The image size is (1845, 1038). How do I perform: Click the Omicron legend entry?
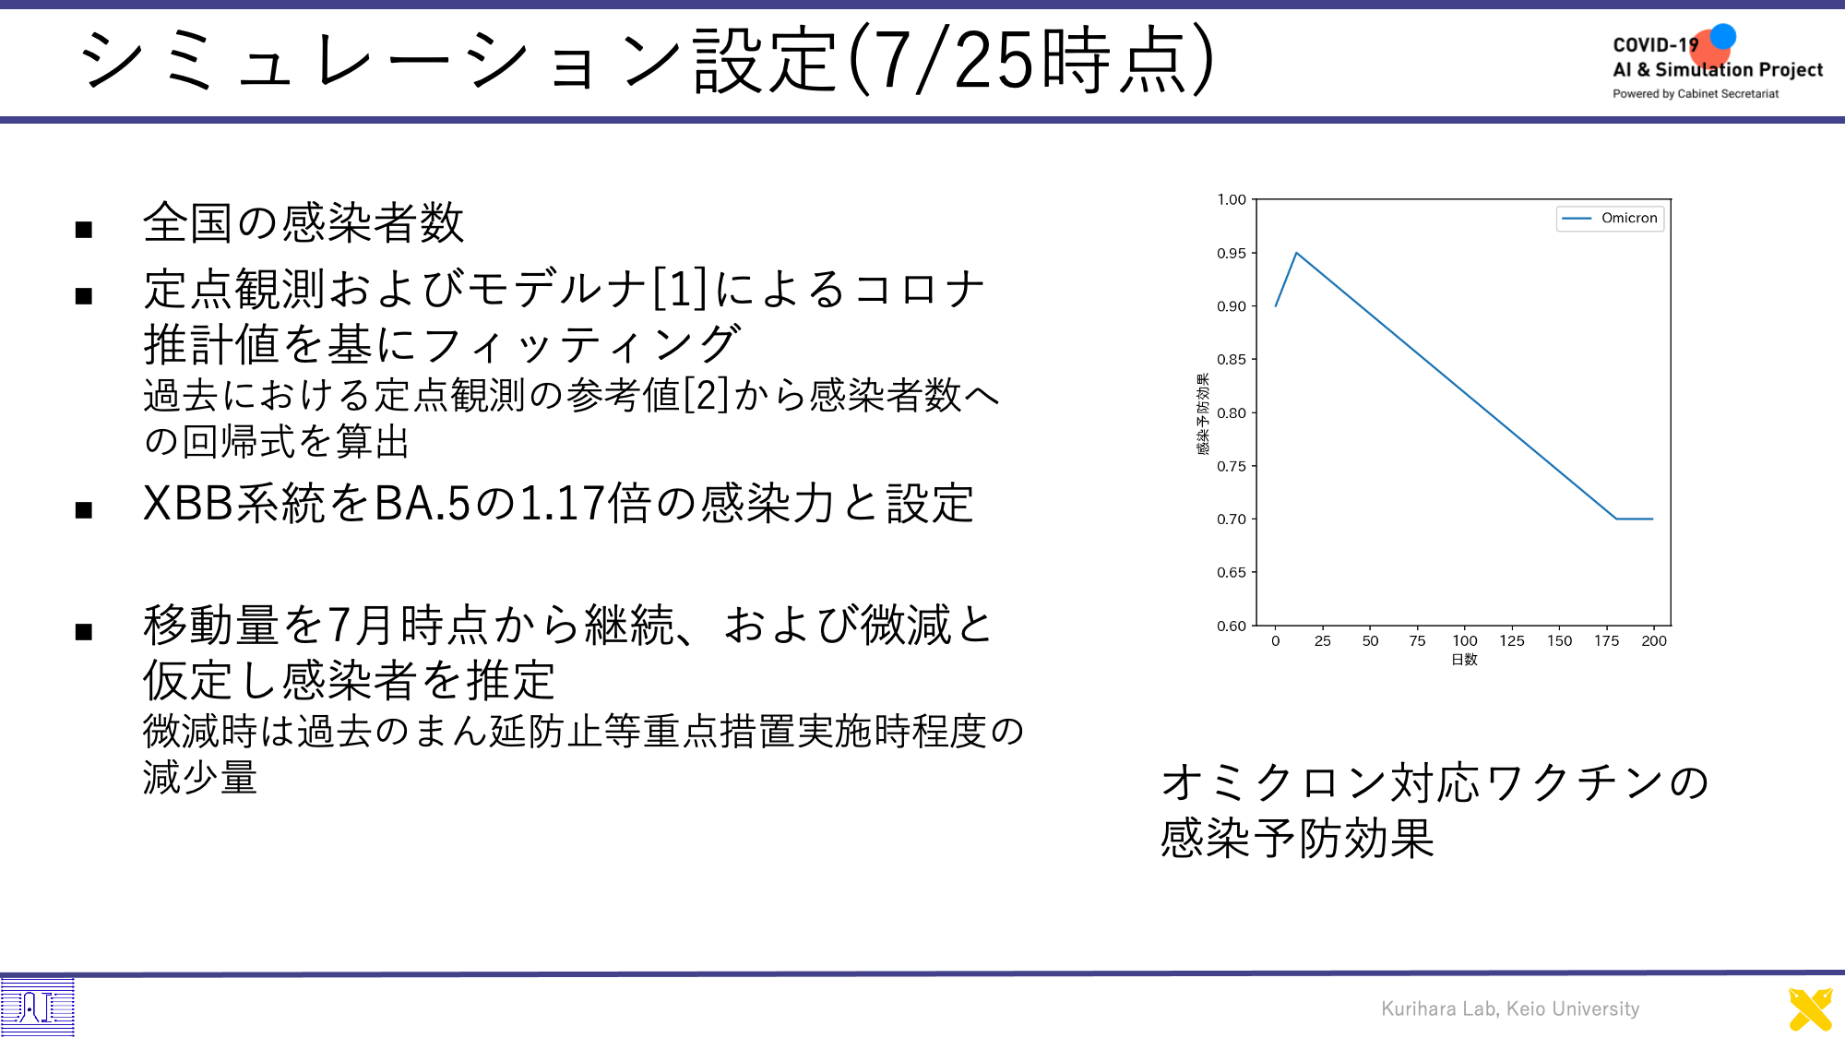pos(1610,218)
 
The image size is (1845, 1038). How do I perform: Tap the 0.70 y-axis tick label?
pos(1231,519)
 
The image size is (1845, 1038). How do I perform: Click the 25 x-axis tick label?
pos(1322,640)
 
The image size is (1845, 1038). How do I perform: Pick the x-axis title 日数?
pos(1464,659)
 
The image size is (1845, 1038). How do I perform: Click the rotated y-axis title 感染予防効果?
pos(1203,413)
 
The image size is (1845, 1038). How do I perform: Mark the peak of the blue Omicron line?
pos(1296,253)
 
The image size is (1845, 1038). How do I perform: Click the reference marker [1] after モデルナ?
pos(680,288)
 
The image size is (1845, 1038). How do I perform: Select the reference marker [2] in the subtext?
pos(706,395)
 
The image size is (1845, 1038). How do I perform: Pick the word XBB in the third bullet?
pos(189,504)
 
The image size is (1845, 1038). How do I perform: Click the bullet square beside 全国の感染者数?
pos(84,229)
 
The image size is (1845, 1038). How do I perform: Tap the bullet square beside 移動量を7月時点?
pos(84,631)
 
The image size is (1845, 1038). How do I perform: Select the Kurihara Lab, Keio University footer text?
pos(1510,1008)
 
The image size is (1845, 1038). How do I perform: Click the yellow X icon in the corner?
pos(1810,1009)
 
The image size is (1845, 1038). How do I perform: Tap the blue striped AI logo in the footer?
pos(37,1007)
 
